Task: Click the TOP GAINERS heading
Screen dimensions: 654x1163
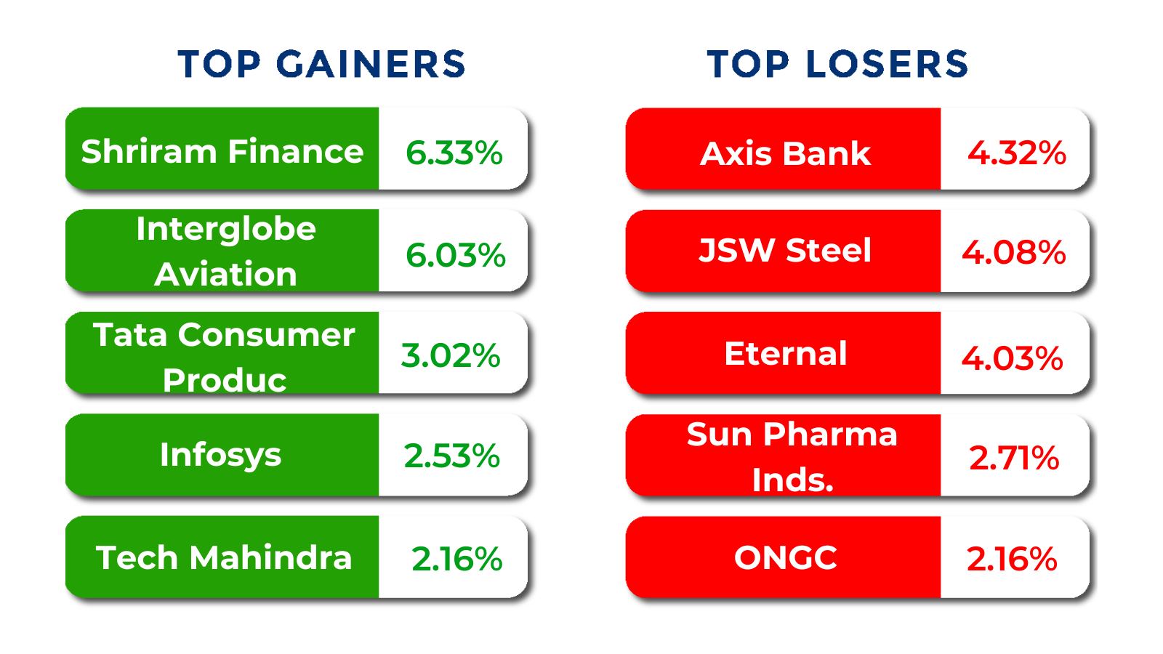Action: pyautogui.click(x=321, y=64)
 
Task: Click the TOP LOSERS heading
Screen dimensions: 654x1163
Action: pyautogui.click(x=837, y=64)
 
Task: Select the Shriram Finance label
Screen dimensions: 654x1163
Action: pyautogui.click(x=222, y=151)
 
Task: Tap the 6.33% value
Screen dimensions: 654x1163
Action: pyautogui.click(x=454, y=153)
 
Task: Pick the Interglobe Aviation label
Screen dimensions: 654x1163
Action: pyautogui.click(x=225, y=251)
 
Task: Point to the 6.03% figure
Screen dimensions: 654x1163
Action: pyautogui.click(x=455, y=255)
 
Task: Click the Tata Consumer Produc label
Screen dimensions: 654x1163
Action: pyautogui.click(x=224, y=356)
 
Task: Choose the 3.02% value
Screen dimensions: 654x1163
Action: pyautogui.click(x=451, y=355)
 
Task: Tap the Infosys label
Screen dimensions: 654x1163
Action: pyautogui.click(x=220, y=456)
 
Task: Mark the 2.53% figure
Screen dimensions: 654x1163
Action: pyautogui.click(x=451, y=456)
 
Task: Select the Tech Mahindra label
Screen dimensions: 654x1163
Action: pyautogui.click(x=223, y=558)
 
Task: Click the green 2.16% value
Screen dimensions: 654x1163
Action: pyautogui.click(x=456, y=559)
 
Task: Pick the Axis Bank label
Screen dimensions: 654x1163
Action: pyautogui.click(x=785, y=153)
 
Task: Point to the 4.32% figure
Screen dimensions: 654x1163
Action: pyautogui.click(x=1016, y=153)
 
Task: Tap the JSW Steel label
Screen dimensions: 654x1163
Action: pyautogui.click(x=785, y=251)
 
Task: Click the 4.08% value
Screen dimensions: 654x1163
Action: pyautogui.click(x=1013, y=252)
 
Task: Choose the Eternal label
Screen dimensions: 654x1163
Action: pyautogui.click(x=785, y=354)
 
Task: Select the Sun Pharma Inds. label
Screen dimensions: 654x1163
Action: pyautogui.click(x=792, y=456)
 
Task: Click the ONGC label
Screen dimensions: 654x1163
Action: pyautogui.click(x=785, y=558)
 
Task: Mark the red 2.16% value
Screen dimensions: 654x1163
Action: pyautogui.click(x=1011, y=559)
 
